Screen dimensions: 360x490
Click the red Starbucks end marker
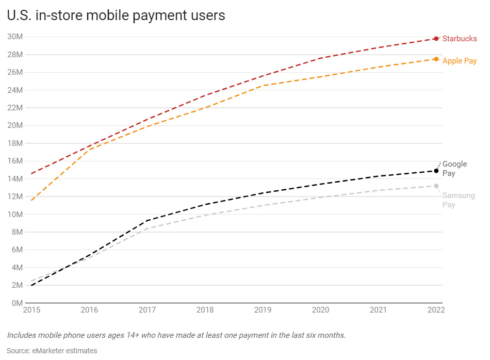point(436,39)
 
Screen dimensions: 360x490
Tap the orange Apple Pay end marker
point(436,59)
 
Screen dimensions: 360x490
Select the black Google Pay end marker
point(436,171)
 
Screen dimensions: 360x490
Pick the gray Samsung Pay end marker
point(436,186)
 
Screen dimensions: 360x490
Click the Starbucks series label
point(460,39)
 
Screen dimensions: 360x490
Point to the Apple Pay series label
point(460,61)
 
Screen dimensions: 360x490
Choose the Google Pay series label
point(454,169)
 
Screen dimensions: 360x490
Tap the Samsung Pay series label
point(458,200)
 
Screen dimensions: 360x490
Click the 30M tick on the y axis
point(15,37)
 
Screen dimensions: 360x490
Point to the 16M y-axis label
point(15,161)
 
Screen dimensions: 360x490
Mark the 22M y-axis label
point(15,108)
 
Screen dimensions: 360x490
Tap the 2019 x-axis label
point(263,310)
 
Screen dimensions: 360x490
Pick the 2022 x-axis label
point(436,310)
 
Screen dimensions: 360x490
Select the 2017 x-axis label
point(147,310)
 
